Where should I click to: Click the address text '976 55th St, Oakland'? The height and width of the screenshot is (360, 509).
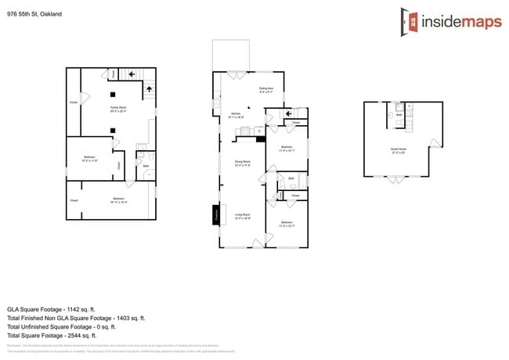34,14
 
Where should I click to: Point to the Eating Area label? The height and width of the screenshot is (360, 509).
266,90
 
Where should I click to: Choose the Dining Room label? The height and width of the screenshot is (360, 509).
243,164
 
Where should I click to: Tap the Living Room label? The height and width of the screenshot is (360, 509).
243,216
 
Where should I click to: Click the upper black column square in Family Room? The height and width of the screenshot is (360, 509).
113,95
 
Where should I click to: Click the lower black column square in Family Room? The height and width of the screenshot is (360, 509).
113,130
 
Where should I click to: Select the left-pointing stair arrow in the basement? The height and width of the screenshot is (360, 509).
131,74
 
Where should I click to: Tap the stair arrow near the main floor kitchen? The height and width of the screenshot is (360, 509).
289,113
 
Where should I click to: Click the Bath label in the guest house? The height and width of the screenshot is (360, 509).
399,114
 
